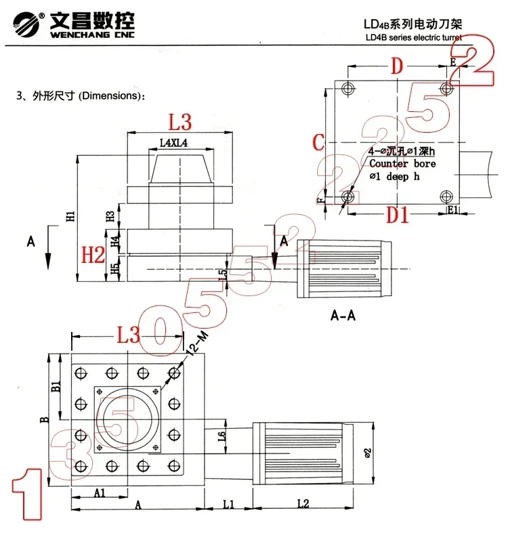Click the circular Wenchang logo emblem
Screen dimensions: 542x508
pos(25,24)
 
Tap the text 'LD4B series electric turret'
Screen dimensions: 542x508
pos(412,38)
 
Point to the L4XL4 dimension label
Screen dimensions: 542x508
pos(173,143)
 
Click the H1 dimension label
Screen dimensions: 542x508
pos(71,216)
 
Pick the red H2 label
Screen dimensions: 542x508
pos(93,255)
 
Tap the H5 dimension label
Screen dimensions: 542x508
pos(114,269)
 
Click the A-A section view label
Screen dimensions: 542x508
pos(343,316)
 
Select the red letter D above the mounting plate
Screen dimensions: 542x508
pos(398,66)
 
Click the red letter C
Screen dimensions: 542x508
pos(318,142)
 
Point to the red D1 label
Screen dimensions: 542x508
pos(398,215)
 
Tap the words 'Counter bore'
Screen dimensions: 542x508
pos(402,164)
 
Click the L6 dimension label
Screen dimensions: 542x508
pos(221,437)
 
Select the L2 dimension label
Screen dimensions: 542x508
pos(302,504)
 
